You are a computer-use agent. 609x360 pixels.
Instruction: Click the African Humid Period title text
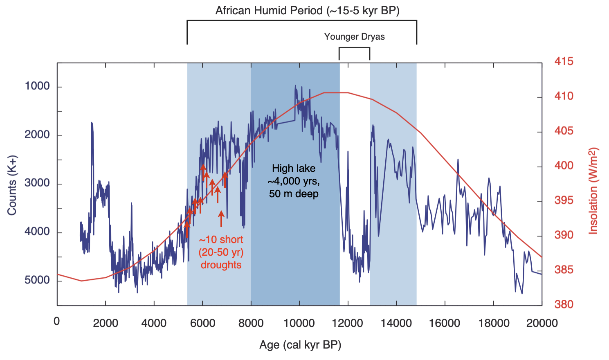point(307,10)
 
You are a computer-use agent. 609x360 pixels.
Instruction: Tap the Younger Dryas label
point(354,37)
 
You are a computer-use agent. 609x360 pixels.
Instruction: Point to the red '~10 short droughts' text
point(221,252)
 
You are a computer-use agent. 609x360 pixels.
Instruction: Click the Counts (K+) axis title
point(12,185)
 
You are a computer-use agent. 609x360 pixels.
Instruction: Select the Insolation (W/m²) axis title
point(593,191)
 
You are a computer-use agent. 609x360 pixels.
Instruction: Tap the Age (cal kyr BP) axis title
point(300,345)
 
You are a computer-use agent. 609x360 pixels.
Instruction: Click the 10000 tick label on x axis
point(299,323)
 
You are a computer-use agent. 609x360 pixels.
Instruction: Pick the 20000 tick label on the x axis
point(541,323)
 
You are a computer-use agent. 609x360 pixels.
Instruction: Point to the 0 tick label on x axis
point(56,322)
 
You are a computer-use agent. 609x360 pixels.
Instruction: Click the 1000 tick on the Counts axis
point(37,86)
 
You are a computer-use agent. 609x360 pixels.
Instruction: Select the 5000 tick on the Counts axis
point(37,280)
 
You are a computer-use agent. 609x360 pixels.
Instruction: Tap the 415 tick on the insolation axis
point(564,61)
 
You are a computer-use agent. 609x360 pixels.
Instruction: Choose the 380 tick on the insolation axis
point(564,304)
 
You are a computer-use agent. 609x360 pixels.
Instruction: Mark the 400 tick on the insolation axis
point(564,166)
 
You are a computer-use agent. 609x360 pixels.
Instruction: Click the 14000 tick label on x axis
point(396,323)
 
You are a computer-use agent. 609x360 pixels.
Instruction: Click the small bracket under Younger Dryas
point(354,48)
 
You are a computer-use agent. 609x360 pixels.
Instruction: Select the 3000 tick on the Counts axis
point(37,183)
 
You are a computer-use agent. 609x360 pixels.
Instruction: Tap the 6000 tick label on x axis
point(202,323)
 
